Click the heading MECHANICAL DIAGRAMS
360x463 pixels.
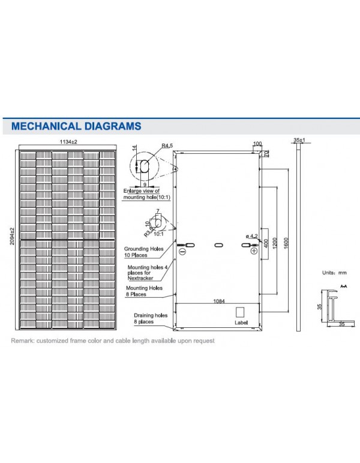coord(76,126)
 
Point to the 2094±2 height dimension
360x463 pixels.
coord(13,235)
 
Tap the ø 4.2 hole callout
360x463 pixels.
coord(252,236)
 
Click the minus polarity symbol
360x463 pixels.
coord(182,253)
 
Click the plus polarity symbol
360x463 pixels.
coord(254,253)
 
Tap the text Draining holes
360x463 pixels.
coord(150,316)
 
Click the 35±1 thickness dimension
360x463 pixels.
coord(299,140)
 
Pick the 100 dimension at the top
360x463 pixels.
coord(257,144)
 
